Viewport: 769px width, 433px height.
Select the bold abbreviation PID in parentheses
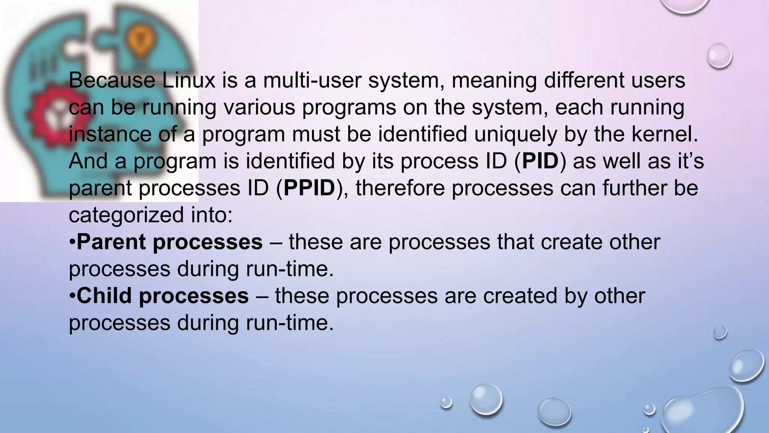(540, 161)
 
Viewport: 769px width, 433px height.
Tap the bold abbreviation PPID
(309, 188)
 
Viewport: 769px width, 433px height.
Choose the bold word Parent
(111, 242)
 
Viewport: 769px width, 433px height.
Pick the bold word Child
(104, 296)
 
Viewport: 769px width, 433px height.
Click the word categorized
(126, 215)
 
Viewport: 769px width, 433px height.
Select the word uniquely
(516, 134)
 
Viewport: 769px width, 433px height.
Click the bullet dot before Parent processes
(72, 242)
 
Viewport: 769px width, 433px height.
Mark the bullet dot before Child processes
(72, 296)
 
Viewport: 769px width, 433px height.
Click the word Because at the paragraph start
(112, 80)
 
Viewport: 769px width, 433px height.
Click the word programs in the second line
(349, 107)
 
